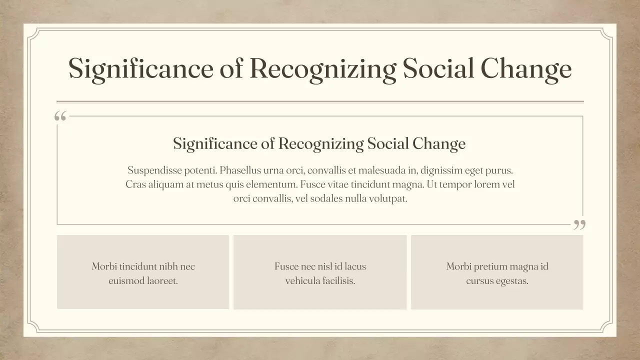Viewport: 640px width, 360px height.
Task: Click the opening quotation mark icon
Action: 60,116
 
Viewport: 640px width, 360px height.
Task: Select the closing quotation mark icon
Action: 579,224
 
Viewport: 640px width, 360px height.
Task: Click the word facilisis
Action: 339,281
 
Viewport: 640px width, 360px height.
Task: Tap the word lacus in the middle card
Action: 355,266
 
